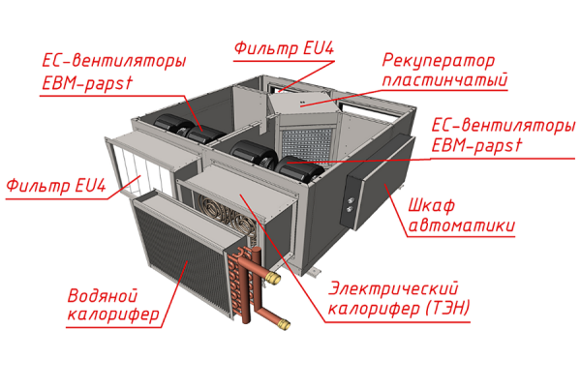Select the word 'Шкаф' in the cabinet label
click(x=433, y=205)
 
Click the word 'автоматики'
click(x=461, y=226)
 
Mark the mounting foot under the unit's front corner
click(x=315, y=272)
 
